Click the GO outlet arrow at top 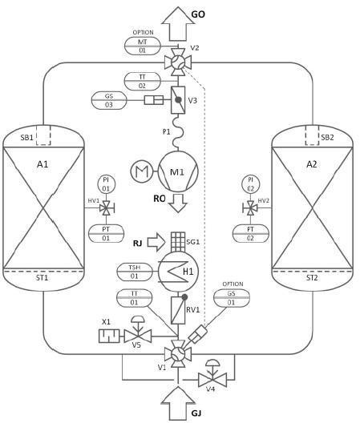click(x=178, y=24)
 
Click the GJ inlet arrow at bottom click(x=178, y=403)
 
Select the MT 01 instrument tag click(x=143, y=46)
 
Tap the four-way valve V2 click(x=178, y=62)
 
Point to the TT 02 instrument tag click(x=143, y=81)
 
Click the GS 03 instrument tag click(x=109, y=100)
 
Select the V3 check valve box click(x=178, y=100)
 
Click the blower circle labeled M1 click(x=178, y=171)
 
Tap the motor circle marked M click(x=142, y=171)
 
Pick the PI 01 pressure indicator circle click(x=106, y=184)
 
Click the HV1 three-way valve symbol click(x=107, y=208)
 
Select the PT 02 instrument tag click(x=251, y=234)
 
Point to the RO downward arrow click(x=178, y=203)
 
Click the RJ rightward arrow click(x=156, y=242)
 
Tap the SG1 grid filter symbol click(x=178, y=242)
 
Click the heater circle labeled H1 click(x=178, y=272)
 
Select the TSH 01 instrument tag click(x=134, y=272)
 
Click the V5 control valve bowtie click(x=137, y=336)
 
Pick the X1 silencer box click(x=109, y=336)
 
